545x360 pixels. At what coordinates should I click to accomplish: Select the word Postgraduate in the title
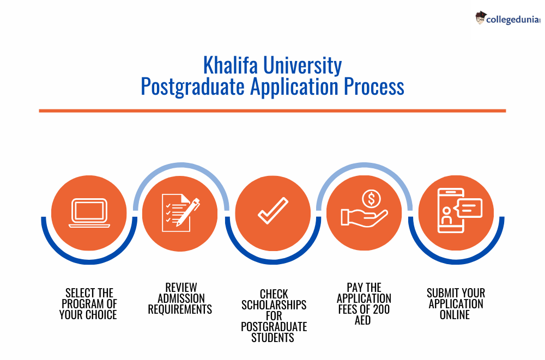[193, 87]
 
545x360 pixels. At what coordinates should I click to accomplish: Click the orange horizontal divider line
[272, 111]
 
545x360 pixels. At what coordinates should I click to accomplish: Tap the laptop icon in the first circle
[89, 214]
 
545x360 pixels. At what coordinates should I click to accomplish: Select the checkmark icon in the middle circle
[272, 210]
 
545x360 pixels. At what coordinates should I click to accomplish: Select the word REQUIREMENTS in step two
[180, 309]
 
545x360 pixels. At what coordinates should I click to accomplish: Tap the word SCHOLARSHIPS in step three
[274, 304]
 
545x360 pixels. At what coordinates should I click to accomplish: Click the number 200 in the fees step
[380, 309]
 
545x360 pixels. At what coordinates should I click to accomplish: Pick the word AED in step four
[362, 320]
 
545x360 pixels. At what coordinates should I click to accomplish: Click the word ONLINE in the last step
[455, 315]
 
